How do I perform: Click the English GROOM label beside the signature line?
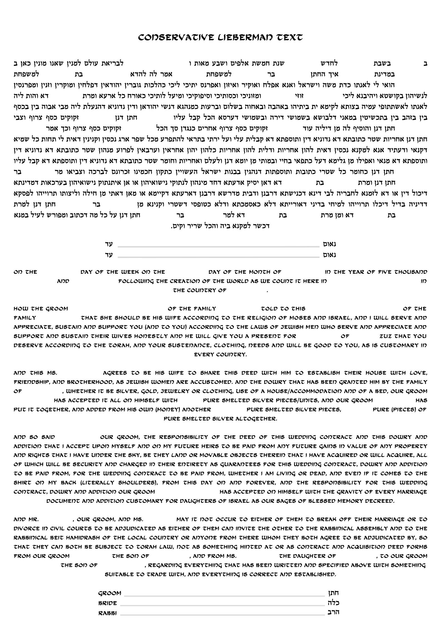click(x=110, y=593)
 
